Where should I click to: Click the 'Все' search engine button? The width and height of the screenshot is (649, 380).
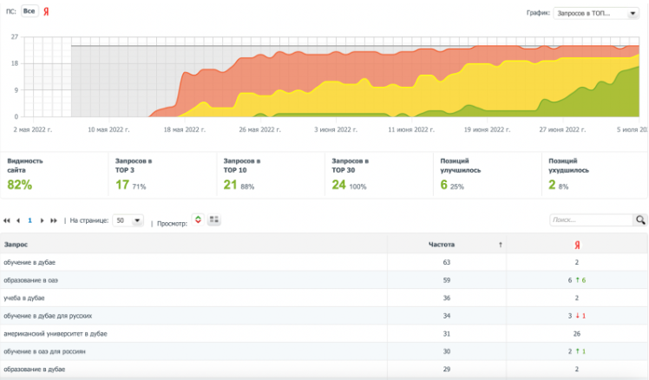(x=29, y=11)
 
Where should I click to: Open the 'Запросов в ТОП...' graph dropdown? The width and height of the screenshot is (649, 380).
(x=595, y=13)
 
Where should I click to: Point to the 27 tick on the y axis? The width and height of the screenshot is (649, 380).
(x=15, y=37)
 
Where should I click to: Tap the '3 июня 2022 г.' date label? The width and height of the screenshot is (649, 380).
(x=336, y=129)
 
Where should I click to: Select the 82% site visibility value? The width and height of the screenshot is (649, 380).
(x=19, y=185)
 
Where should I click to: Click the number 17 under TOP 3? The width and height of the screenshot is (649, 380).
(x=122, y=185)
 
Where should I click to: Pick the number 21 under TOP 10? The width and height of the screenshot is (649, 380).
(x=231, y=185)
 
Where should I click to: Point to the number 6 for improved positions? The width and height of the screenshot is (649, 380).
(x=444, y=185)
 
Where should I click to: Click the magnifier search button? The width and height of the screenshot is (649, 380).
(x=640, y=220)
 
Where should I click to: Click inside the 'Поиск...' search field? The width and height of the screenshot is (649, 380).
(x=590, y=220)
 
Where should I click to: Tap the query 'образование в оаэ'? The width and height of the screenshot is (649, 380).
(x=30, y=279)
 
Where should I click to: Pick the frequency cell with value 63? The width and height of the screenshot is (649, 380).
(x=448, y=261)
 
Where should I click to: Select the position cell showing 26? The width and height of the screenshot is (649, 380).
(x=575, y=334)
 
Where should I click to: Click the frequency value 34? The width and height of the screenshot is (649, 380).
(x=448, y=316)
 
